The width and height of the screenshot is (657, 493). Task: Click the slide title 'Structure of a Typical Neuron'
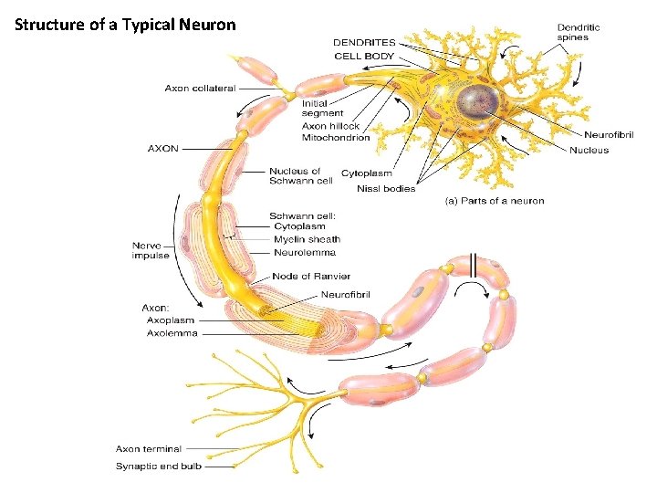tap(125, 25)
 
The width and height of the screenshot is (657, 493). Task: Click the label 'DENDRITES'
tap(364, 42)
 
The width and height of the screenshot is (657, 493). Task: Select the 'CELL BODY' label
tap(364, 56)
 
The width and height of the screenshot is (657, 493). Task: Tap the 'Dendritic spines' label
tap(579, 32)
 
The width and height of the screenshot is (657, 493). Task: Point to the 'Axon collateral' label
tap(200, 89)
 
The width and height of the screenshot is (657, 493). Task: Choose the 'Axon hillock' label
tap(330, 126)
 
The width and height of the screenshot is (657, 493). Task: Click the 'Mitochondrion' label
tap(336, 137)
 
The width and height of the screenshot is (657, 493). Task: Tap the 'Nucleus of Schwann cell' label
tap(300, 175)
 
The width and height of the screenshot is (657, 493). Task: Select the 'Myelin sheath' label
tap(307, 239)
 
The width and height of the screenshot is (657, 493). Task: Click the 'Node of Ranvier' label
tap(311, 276)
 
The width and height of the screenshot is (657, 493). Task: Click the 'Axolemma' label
tap(172, 333)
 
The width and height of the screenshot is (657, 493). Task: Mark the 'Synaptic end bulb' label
tap(158, 466)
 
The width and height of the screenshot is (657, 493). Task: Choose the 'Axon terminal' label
tap(148, 448)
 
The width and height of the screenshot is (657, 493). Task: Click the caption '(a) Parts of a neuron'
tap(494, 201)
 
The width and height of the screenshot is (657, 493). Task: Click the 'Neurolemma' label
tap(304, 252)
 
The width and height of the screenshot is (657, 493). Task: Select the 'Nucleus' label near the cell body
tap(589, 150)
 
